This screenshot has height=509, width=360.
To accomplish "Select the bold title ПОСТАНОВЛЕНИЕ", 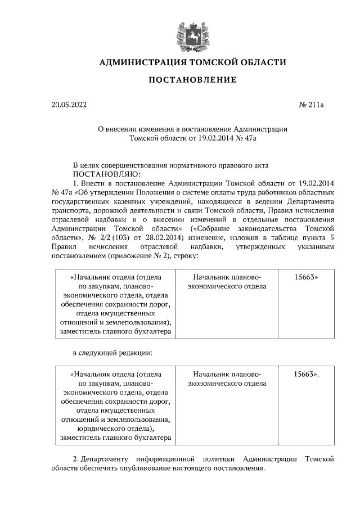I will tap(192, 80).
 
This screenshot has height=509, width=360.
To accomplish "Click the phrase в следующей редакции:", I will tap(112, 353).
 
